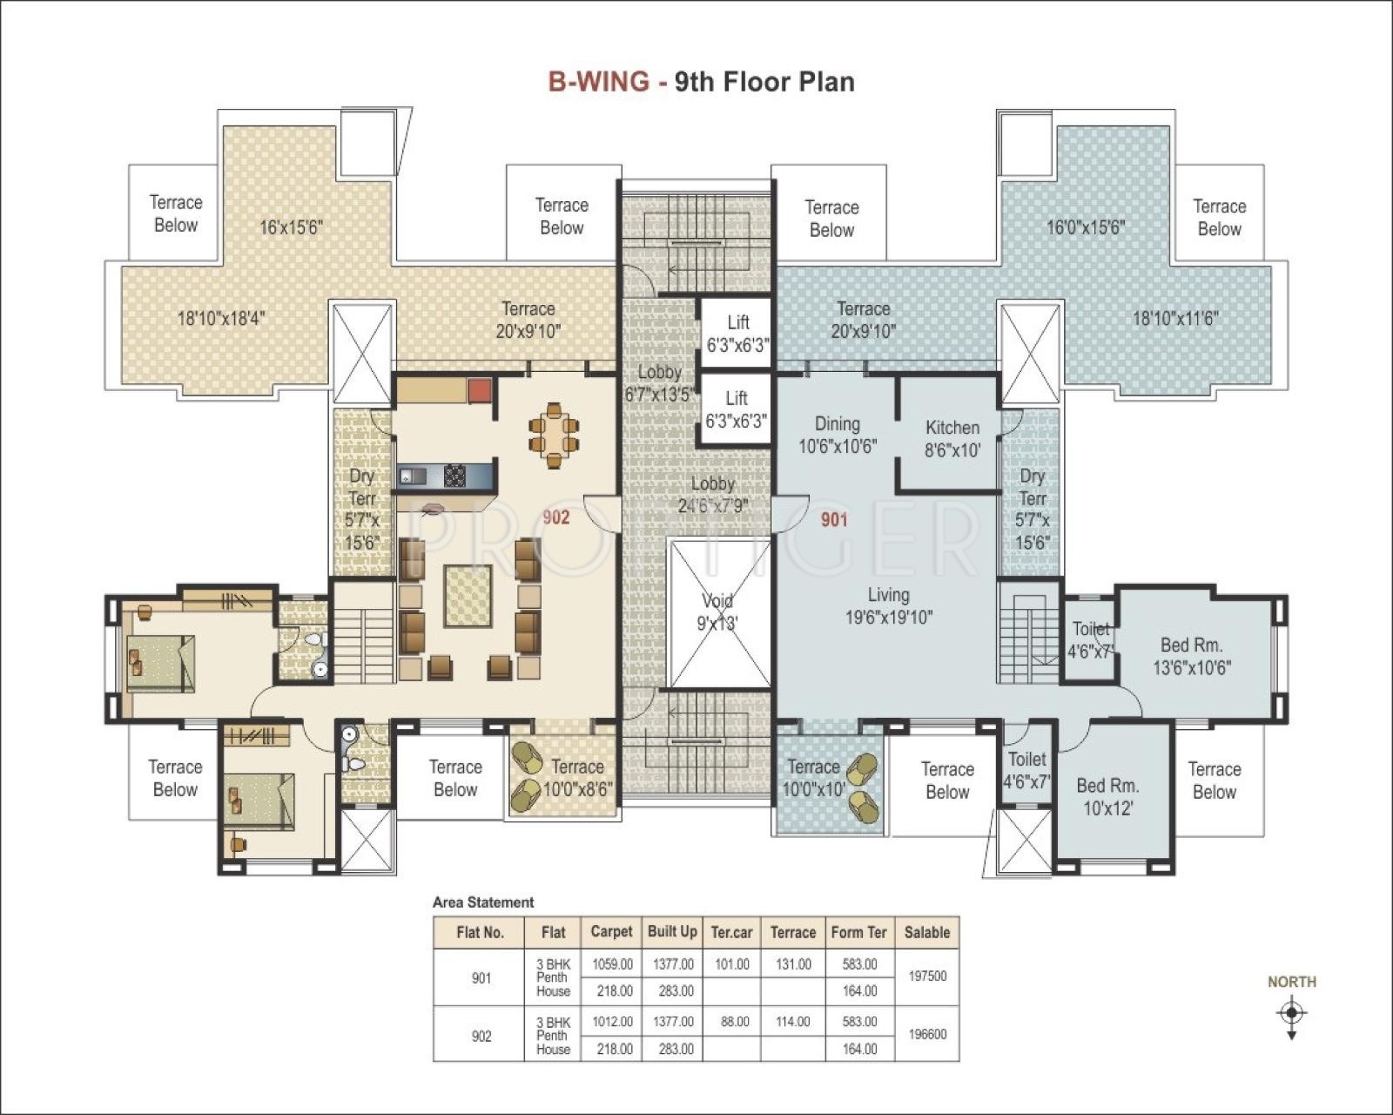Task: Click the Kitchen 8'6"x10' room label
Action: point(952,439)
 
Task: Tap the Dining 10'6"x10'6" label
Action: point(838,435)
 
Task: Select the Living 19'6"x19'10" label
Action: point(889,605)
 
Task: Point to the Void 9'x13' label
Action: point(717,612)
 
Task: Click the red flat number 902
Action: point(556,517)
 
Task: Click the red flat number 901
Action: point(834,519)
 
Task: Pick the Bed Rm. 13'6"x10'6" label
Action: point(1192,656)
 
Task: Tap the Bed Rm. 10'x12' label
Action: point(1107,797)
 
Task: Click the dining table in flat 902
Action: point(554,436)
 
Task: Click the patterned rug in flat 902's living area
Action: point(468,596)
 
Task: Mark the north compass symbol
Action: point(1292,1012)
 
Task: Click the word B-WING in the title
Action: point(599,82)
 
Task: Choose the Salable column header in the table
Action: point(927,932)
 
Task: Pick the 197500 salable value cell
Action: point(927,976)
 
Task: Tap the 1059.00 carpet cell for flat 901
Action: point(612,964)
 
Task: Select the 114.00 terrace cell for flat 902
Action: point(793,1022)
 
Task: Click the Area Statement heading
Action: point(483,902)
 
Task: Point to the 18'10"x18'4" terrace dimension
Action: point(221,318)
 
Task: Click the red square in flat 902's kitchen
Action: point(480,390)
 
